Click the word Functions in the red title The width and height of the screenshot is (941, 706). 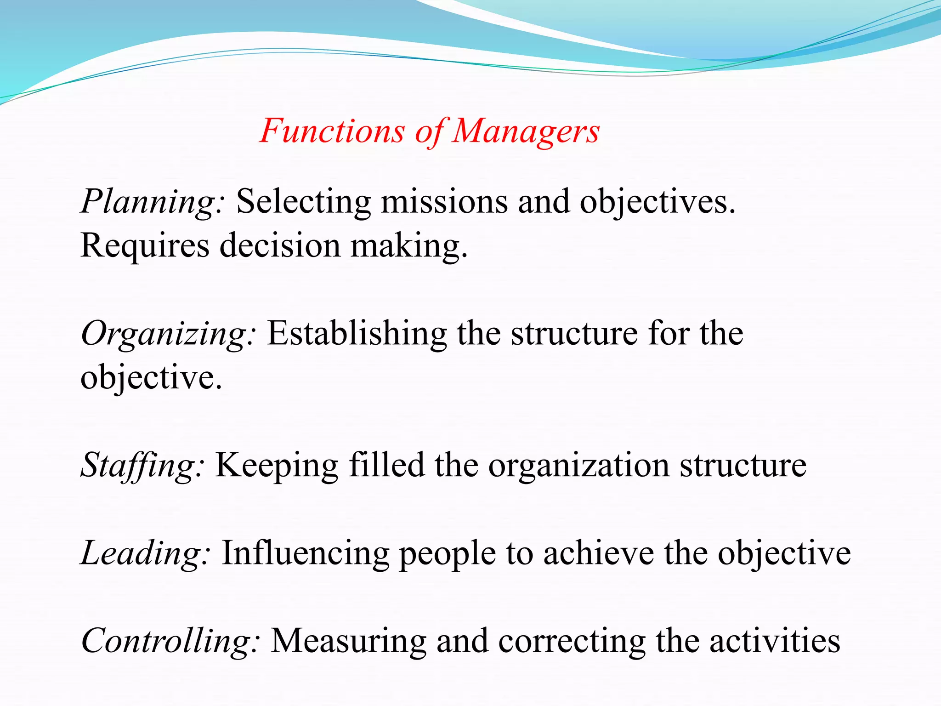coord(332,131)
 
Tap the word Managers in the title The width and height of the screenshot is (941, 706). coord(526,132)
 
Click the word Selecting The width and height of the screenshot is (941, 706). coord(304,202)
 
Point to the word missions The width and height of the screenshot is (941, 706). coord(444,202)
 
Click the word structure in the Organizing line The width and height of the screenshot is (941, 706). coord(574,333)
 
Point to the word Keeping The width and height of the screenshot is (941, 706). coord(277,466)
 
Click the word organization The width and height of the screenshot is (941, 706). coord(579,466)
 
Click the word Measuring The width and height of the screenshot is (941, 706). coord(349,641)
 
